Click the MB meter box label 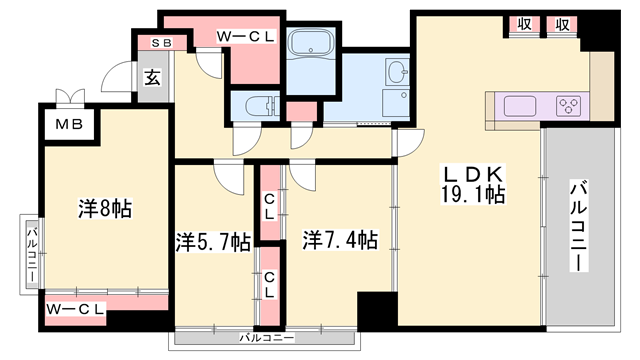(68, 125)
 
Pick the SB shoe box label (160, 42)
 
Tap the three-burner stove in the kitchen (570, 105)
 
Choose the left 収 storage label (524, 25)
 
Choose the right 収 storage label (563, 25)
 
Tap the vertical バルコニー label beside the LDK (579, 225)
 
